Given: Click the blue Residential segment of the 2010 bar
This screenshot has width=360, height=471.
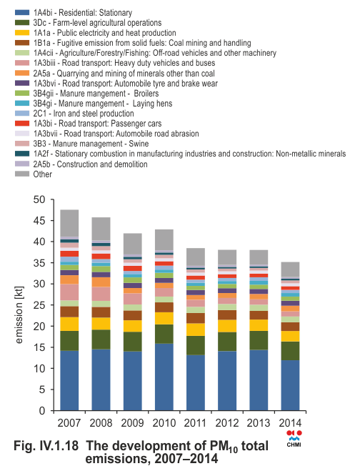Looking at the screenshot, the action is click(164, 377).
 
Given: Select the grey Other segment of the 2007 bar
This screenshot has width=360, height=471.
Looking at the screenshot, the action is click(69, 223).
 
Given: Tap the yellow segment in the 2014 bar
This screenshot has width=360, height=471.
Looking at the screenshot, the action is click(290, 336).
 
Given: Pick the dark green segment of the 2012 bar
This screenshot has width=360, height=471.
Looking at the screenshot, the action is click(227, 342).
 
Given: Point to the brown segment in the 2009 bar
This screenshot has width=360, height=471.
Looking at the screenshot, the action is click(133, 315).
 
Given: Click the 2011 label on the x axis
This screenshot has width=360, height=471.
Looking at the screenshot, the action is click(196, 423).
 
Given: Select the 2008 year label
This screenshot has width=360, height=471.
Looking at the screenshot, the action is click(101, 423).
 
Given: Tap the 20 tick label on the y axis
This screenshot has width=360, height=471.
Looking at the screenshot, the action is click(39, 326).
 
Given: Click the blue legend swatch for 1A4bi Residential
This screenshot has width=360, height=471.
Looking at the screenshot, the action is click(22, 13).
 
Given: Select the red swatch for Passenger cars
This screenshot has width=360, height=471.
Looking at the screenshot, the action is click(22, 124).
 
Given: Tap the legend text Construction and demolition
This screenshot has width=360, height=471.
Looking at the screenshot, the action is click(102, 164).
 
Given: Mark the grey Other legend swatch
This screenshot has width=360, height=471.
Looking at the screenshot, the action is click(22, 174).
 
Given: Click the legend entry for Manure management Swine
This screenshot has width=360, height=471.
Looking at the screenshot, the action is click(91, 144).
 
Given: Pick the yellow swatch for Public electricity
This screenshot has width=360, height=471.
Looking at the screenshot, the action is click(22, 33).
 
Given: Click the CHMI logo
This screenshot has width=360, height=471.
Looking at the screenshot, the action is click(294, 439).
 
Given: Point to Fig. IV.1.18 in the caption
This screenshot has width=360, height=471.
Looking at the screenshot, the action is click(46, 446).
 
